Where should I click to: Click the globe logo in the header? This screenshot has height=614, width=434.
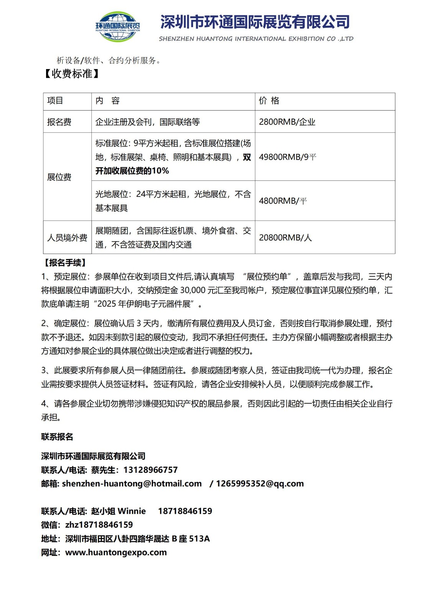pyautogui.click(x=117, y=26)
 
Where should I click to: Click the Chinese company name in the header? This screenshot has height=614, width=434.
pyautogui.click(x=255, y=22)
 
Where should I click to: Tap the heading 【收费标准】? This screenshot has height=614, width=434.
pyautogui.click(x=71, y=74)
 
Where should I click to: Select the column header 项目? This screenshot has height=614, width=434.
pyautogui.click(x=55, y=101)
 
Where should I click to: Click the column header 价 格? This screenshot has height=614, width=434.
pyautogui.click(x=269, y=101)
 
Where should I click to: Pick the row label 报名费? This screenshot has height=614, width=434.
pyautogui.click(x=59, y=122)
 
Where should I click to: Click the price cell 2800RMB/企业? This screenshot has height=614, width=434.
pyautogui.click(x=287, y=122)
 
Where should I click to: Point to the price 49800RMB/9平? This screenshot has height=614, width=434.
pyautogui.click(x=287, y=157)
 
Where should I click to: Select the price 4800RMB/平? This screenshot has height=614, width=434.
pyautogui.click(x=283, y=201)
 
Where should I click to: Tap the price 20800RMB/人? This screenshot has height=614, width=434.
pyautogui.click(x=285, y=238)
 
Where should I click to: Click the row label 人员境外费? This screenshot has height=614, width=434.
pyautogui.click(x=67, y=238)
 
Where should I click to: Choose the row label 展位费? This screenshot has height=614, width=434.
pyautogui.click(x=59, y=177)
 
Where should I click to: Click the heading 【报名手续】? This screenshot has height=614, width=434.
pyautogui.click(x=65, y=263)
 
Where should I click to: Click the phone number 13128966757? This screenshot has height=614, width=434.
pyautogui.click(x=150, y=470)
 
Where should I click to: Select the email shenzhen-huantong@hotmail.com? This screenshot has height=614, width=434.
pyautogui.click(x=132, y=484)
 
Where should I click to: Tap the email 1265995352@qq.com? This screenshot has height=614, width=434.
pyautogui.click(x=260, y=484)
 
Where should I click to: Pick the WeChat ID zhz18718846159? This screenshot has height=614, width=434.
pyautogui.click(x=99, y=525)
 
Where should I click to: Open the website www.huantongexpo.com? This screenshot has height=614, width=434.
pyautogui.click(x=116, y=553)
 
